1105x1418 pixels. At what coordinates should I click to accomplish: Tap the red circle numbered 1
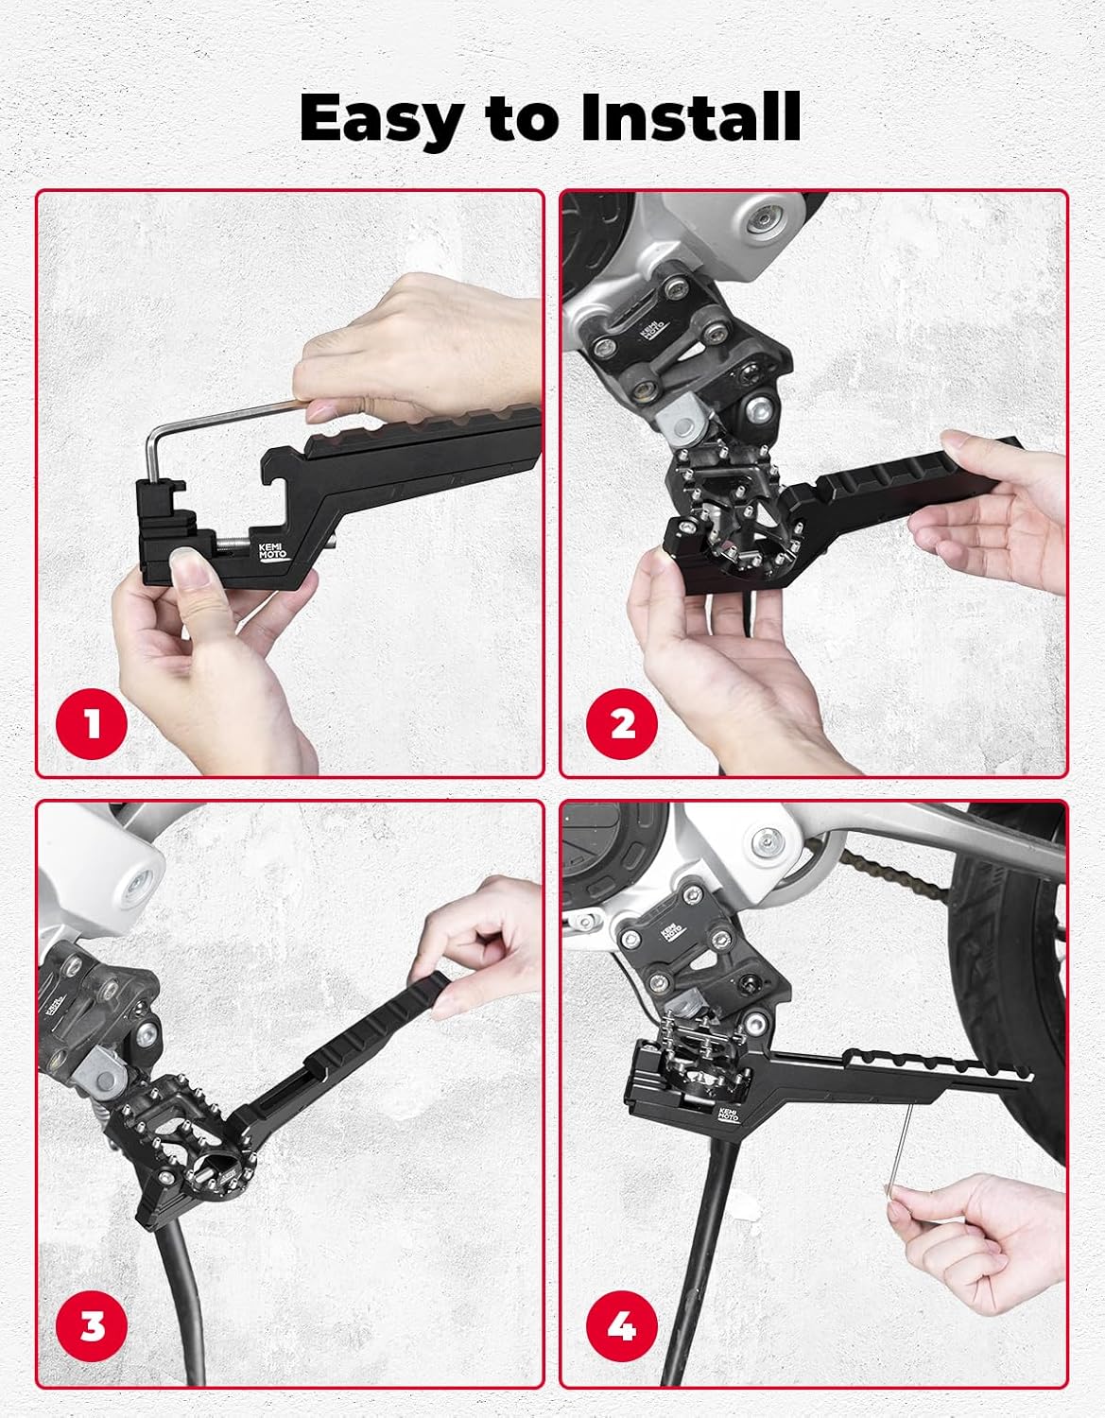[x=91, y=725]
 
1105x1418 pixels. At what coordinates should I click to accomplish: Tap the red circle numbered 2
[x=622, y=725]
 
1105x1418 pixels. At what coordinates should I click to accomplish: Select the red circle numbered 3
[x=91, y=1326]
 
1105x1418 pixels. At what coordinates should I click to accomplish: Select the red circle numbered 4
[x=622, y=1326]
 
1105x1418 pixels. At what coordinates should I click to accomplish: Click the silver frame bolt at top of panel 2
[x=759, y=223]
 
